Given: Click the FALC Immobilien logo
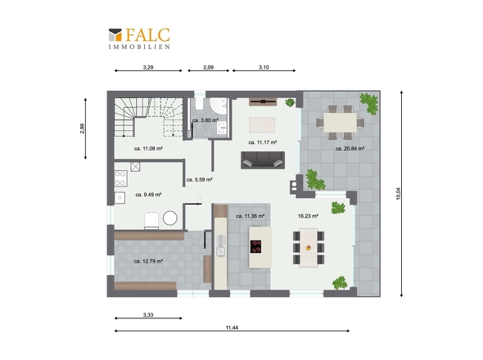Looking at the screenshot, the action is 139,38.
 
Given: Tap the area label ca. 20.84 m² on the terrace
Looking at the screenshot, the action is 350,148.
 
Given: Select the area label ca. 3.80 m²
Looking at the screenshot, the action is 205,120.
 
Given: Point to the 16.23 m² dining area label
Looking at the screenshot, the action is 308,216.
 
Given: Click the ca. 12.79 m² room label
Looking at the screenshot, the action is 148,261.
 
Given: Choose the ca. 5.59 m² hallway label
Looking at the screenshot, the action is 199,179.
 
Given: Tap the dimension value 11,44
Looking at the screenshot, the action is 232,327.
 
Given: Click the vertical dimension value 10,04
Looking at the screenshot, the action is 399,194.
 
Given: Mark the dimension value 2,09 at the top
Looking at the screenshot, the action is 209,67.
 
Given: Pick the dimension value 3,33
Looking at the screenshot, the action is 148,315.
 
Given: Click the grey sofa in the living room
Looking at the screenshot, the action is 263,160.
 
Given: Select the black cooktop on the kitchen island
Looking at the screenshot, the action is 255,246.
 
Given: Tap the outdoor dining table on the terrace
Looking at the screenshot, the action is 340,123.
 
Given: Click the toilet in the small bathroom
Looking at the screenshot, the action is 199,104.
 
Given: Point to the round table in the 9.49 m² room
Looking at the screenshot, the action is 170,218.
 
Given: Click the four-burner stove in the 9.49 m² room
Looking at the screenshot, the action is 121,178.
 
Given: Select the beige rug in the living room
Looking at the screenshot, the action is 262,125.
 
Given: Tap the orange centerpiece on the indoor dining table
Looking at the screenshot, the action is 309,248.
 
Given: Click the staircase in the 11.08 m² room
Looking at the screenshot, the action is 148,117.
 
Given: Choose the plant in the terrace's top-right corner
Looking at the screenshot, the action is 369,104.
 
